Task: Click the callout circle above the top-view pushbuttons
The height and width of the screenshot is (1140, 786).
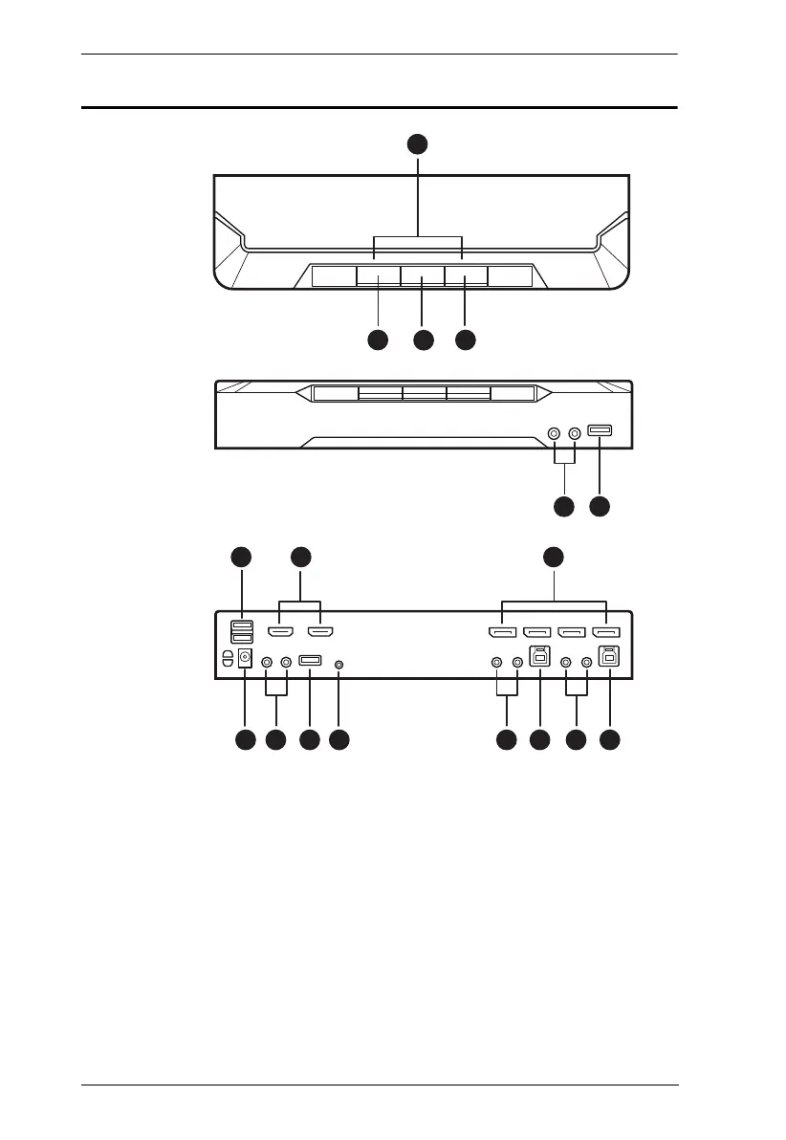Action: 417,143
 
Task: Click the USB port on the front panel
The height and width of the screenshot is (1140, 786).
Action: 600,432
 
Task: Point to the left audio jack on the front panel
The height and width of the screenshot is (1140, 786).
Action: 554,433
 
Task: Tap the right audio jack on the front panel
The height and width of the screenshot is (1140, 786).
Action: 574,433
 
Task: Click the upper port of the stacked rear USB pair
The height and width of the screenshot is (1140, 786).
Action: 242,626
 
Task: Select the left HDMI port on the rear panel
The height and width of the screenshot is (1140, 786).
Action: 280,632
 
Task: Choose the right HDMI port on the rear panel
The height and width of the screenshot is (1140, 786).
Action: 320,632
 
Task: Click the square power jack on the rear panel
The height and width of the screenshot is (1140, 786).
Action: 245,658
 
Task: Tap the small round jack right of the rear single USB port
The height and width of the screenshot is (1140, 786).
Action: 339,661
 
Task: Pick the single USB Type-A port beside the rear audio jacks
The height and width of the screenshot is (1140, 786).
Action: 309,660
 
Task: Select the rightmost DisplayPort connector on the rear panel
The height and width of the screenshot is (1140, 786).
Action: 606,632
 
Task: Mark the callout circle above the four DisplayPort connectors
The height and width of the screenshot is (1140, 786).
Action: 553,556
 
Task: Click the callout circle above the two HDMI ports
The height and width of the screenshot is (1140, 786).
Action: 300,556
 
